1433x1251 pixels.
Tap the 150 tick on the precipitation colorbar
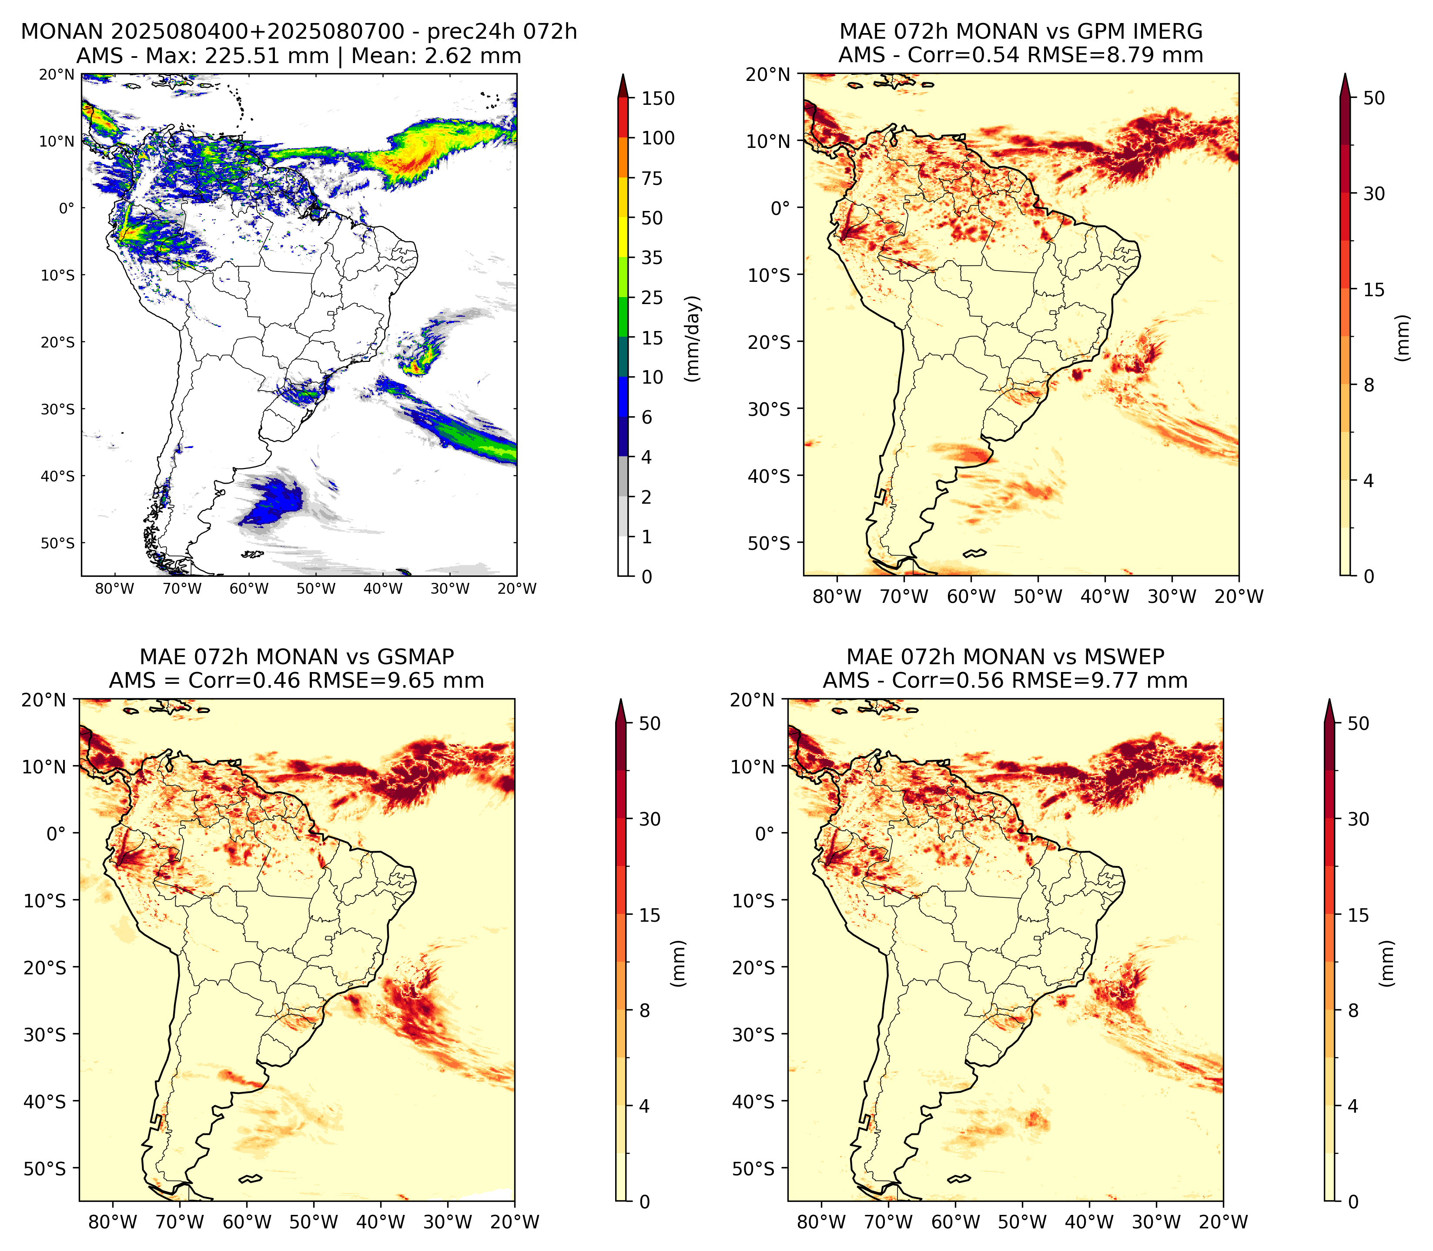pyautogui.click(x=657, y=98)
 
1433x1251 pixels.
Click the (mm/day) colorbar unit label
pyautogui.click(x=693, y=338)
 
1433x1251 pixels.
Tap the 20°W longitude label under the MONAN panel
pyautogui.click(x=517, y=589)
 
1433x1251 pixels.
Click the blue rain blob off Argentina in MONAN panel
pyautogui.click(x=272, y=501)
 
